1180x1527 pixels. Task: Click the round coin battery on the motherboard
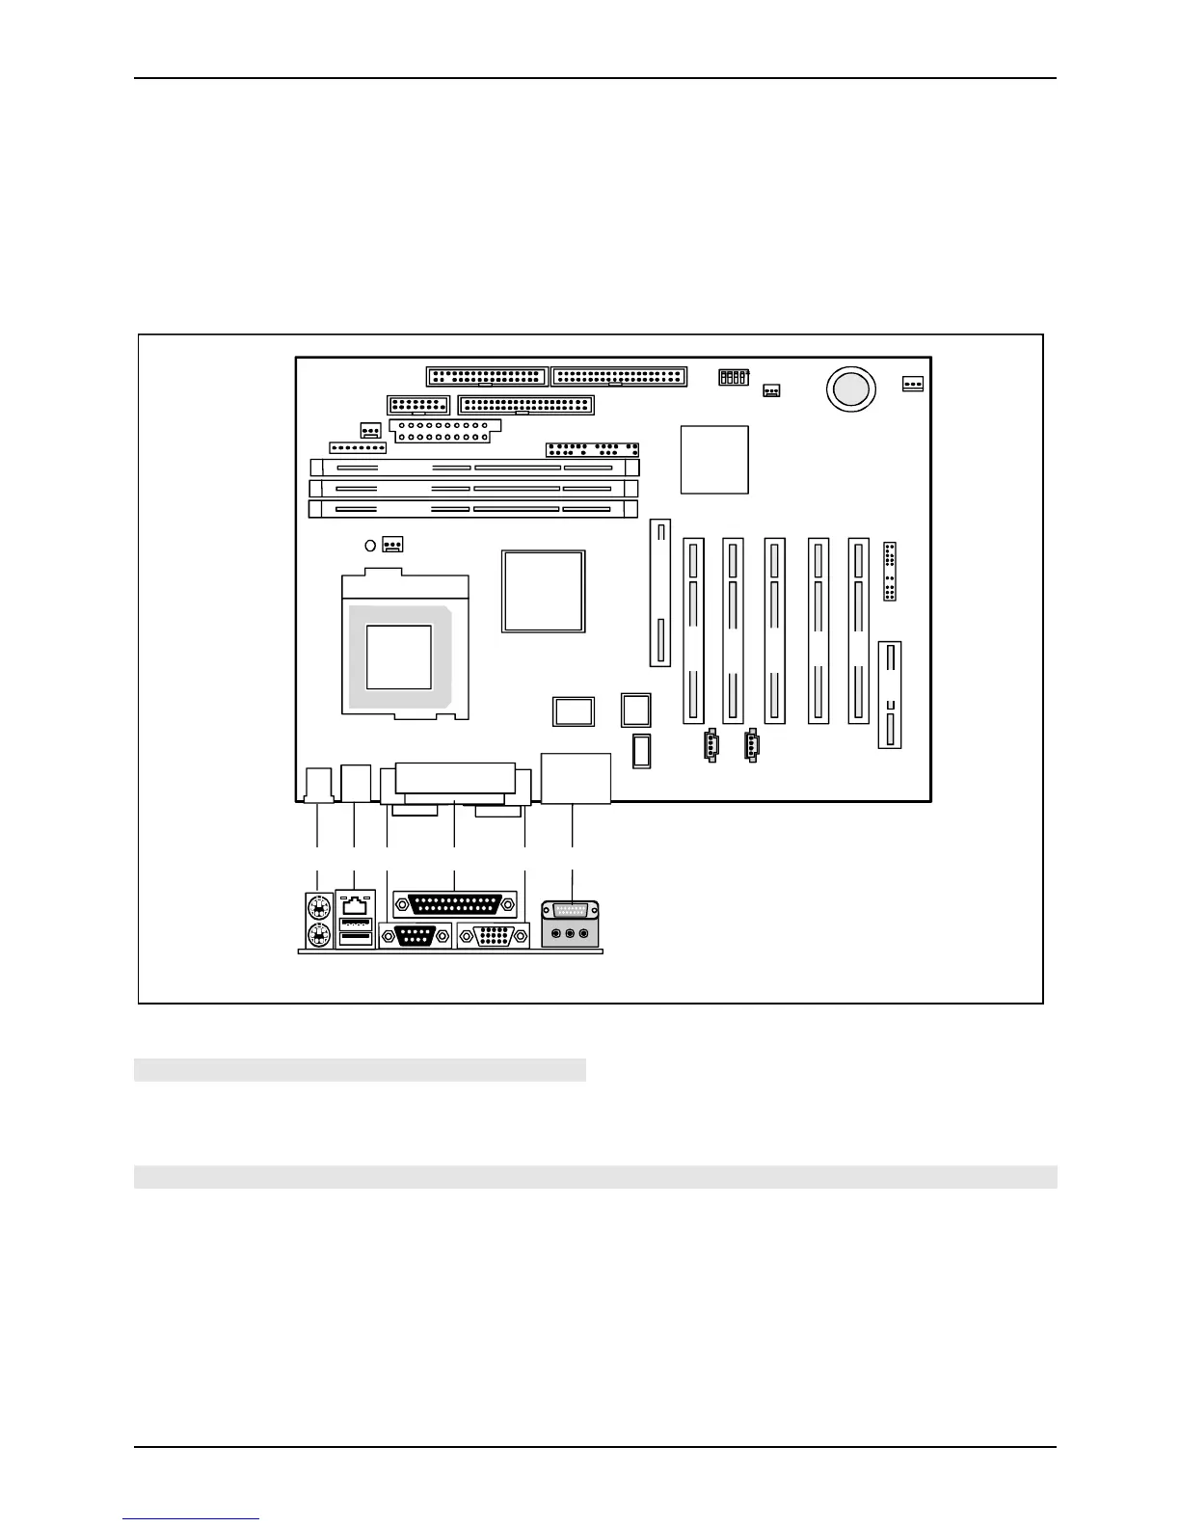[x=851, y=388]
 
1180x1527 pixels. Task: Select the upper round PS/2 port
[x=317, y=907]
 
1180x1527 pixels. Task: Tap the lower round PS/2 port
[x=317, y=935]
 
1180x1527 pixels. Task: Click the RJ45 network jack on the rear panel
[x=356, y=904]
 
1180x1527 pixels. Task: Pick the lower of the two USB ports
[x=356, y=939]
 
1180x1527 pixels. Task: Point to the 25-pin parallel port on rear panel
[x=455, y=905]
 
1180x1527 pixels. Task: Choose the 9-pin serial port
[x=416, y=936]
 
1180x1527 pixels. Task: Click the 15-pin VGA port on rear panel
[x=493, y=936]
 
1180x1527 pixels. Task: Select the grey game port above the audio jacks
[x=571, y=911]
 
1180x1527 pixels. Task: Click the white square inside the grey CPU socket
[x=398, y=656]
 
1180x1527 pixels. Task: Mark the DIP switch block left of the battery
[x=734, y=377]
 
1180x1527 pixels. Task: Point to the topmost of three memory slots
[x=473, y=468]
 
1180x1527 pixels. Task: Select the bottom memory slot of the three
[x=473, y=508]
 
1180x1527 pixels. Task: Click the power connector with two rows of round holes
[x=440, y=430]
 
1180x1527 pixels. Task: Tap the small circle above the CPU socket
[x=370, y=546]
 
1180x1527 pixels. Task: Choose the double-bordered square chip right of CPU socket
[x=543, y=591]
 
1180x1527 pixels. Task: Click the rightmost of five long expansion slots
[x=858, y=630]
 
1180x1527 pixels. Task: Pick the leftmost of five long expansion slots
[x=693, y=630]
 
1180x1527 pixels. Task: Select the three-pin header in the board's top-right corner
[x=912, y=384]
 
